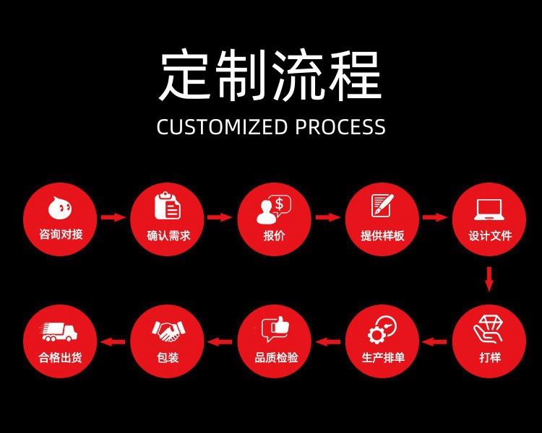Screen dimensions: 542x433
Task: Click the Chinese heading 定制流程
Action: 270,76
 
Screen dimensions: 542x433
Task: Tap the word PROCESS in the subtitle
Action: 340,127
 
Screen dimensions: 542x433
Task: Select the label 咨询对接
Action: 59,235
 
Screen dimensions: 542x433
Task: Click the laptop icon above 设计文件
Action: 489,209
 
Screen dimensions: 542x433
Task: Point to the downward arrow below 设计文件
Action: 489,279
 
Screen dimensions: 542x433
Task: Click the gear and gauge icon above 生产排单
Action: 382,330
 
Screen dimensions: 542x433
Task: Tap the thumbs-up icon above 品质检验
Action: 275,329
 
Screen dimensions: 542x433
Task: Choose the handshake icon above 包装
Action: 167,331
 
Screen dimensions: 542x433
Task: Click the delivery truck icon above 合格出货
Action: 59,331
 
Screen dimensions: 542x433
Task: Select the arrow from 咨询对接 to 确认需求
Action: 113,216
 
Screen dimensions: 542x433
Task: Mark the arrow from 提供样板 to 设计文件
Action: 435,216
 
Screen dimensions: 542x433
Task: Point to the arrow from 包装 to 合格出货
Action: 113,341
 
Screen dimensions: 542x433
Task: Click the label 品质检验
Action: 275,357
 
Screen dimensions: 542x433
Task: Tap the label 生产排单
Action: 382,357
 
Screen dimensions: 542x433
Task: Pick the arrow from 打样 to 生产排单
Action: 435,341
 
